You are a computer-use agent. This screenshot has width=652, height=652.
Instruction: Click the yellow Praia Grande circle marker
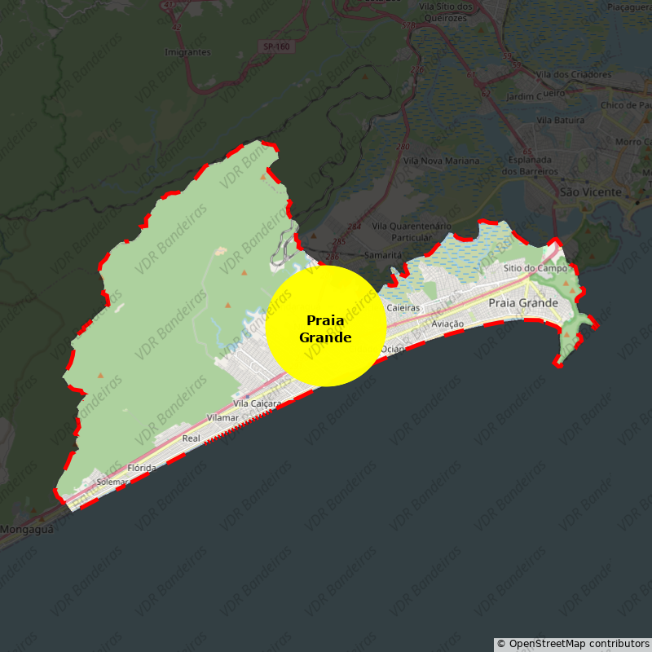click(x=326, y=326)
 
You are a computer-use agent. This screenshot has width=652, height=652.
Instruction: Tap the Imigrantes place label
click(x=187, y=52)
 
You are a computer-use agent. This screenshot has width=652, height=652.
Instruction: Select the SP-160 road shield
click(x=277, y=46)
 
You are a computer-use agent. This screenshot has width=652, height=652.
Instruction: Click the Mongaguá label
click(x=26, y=529)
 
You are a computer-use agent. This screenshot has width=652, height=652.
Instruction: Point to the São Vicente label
click(x=591, y=192)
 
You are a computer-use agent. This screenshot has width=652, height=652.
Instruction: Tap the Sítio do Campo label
click(x=535, y=268)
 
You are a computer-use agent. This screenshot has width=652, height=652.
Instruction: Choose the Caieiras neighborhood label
click(x=403, y=308)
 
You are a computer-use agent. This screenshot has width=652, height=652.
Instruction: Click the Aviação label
click(x=447, y=324)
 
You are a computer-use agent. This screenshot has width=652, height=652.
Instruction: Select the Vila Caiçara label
click(x=258, y=403)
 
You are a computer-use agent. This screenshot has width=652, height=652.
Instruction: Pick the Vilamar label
click(x=223, y=417)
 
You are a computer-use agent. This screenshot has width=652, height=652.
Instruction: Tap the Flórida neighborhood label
click(x=142, y=468)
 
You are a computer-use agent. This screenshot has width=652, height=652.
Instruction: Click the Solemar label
click(x=112, y=482)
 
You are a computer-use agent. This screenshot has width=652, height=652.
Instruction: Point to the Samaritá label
click(x=383, y=255)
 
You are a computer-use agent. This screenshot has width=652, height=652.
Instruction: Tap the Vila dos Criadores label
click(x=574, y=75)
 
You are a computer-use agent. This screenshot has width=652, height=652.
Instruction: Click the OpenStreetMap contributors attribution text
click(x=573, y=644)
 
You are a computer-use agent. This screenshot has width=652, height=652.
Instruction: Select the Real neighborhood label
click(x=191, y=438)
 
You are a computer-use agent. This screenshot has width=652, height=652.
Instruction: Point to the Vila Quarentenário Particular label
click(x=411, y=231)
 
